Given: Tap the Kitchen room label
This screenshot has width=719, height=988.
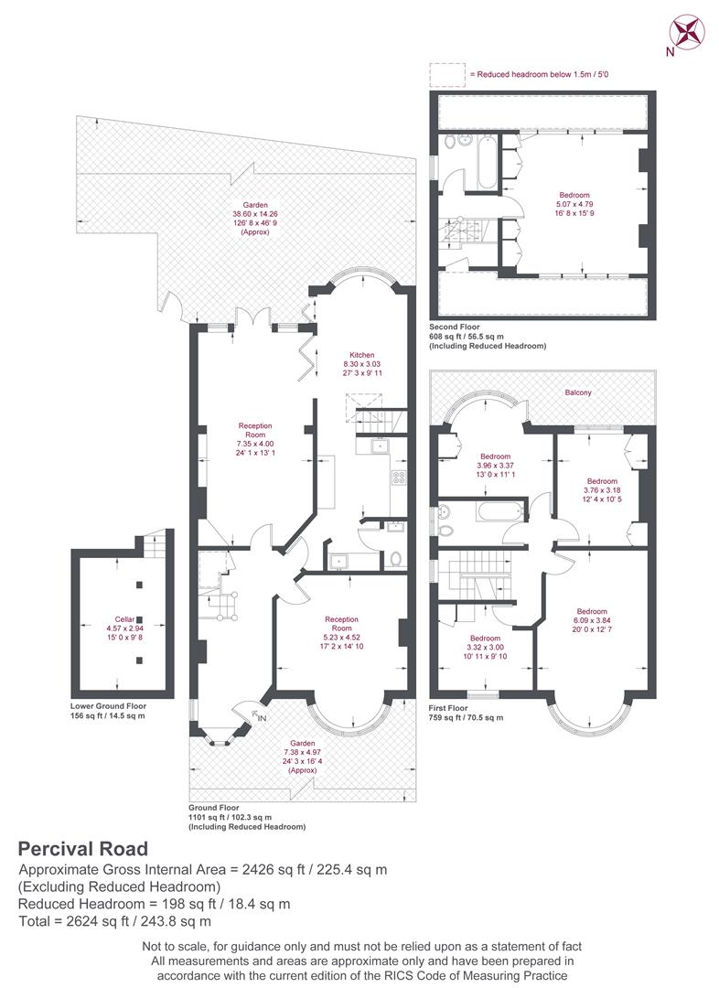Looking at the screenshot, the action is [362, 355].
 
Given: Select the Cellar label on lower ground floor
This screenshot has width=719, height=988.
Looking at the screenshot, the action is [124, 619].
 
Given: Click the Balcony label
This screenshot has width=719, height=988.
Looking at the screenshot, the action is [578, 392].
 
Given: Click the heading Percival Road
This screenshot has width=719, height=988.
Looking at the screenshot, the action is [83, 849].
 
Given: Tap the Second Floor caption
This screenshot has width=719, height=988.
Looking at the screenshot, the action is [455, 327].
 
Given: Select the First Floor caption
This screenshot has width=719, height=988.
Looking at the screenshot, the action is [448, 708].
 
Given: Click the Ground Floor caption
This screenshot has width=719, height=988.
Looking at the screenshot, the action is [214, 808].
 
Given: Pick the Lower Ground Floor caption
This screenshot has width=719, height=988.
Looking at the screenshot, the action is [108, 706].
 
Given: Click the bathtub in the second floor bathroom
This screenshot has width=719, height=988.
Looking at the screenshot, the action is [487, 161].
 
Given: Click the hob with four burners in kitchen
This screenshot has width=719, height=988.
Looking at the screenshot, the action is [399, 478].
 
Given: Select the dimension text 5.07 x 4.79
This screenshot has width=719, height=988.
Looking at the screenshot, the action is [574, 204].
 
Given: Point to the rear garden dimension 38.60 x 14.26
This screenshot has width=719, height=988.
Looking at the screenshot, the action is [255, 214].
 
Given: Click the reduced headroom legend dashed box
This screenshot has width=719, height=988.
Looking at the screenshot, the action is [447, 74].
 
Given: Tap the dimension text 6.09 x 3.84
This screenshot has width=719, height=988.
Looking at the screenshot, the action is [592, 620].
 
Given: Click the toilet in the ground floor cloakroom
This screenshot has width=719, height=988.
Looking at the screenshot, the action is [396, 559].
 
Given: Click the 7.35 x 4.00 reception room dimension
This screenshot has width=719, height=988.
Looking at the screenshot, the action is [255, 444].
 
